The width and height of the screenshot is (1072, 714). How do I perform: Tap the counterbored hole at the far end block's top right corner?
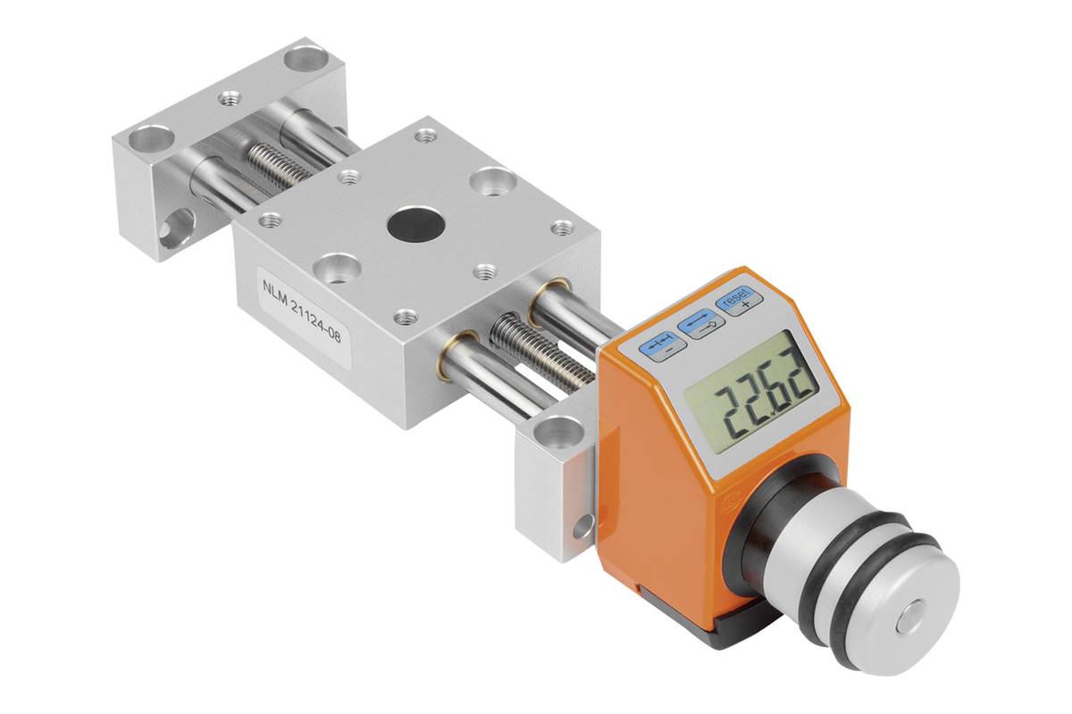pyautogui.click(x=305, y=62)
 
